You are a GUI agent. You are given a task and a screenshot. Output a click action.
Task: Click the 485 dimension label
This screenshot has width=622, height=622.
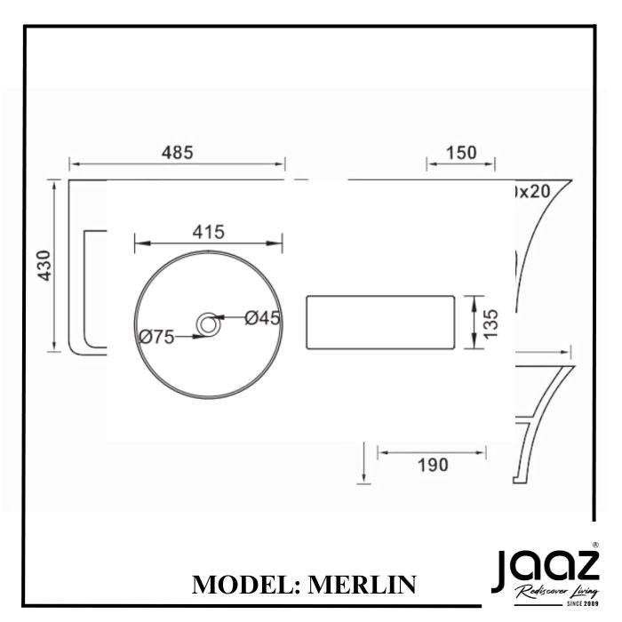click(x=177, y=152)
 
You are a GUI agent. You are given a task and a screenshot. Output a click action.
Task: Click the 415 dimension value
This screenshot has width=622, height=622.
click(x=207, y=231)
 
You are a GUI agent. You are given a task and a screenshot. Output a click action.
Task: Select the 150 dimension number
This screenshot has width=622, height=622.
click(x=461, y=152)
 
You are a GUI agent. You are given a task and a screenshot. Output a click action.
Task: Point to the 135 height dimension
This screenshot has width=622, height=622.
click(x=492, y=323)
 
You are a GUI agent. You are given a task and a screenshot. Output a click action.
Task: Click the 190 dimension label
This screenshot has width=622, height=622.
click(x=432, y=464)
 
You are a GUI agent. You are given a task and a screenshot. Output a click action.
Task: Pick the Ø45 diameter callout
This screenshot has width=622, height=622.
click(x=262, y=317)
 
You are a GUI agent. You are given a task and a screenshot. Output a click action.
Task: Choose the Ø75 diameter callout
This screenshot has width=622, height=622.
click(x=156, y=336)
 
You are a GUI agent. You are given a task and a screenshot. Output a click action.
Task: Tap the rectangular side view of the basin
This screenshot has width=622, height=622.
click(x=379, y=323)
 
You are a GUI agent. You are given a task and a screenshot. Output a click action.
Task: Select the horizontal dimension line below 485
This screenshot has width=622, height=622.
click(x=177, y=164)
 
